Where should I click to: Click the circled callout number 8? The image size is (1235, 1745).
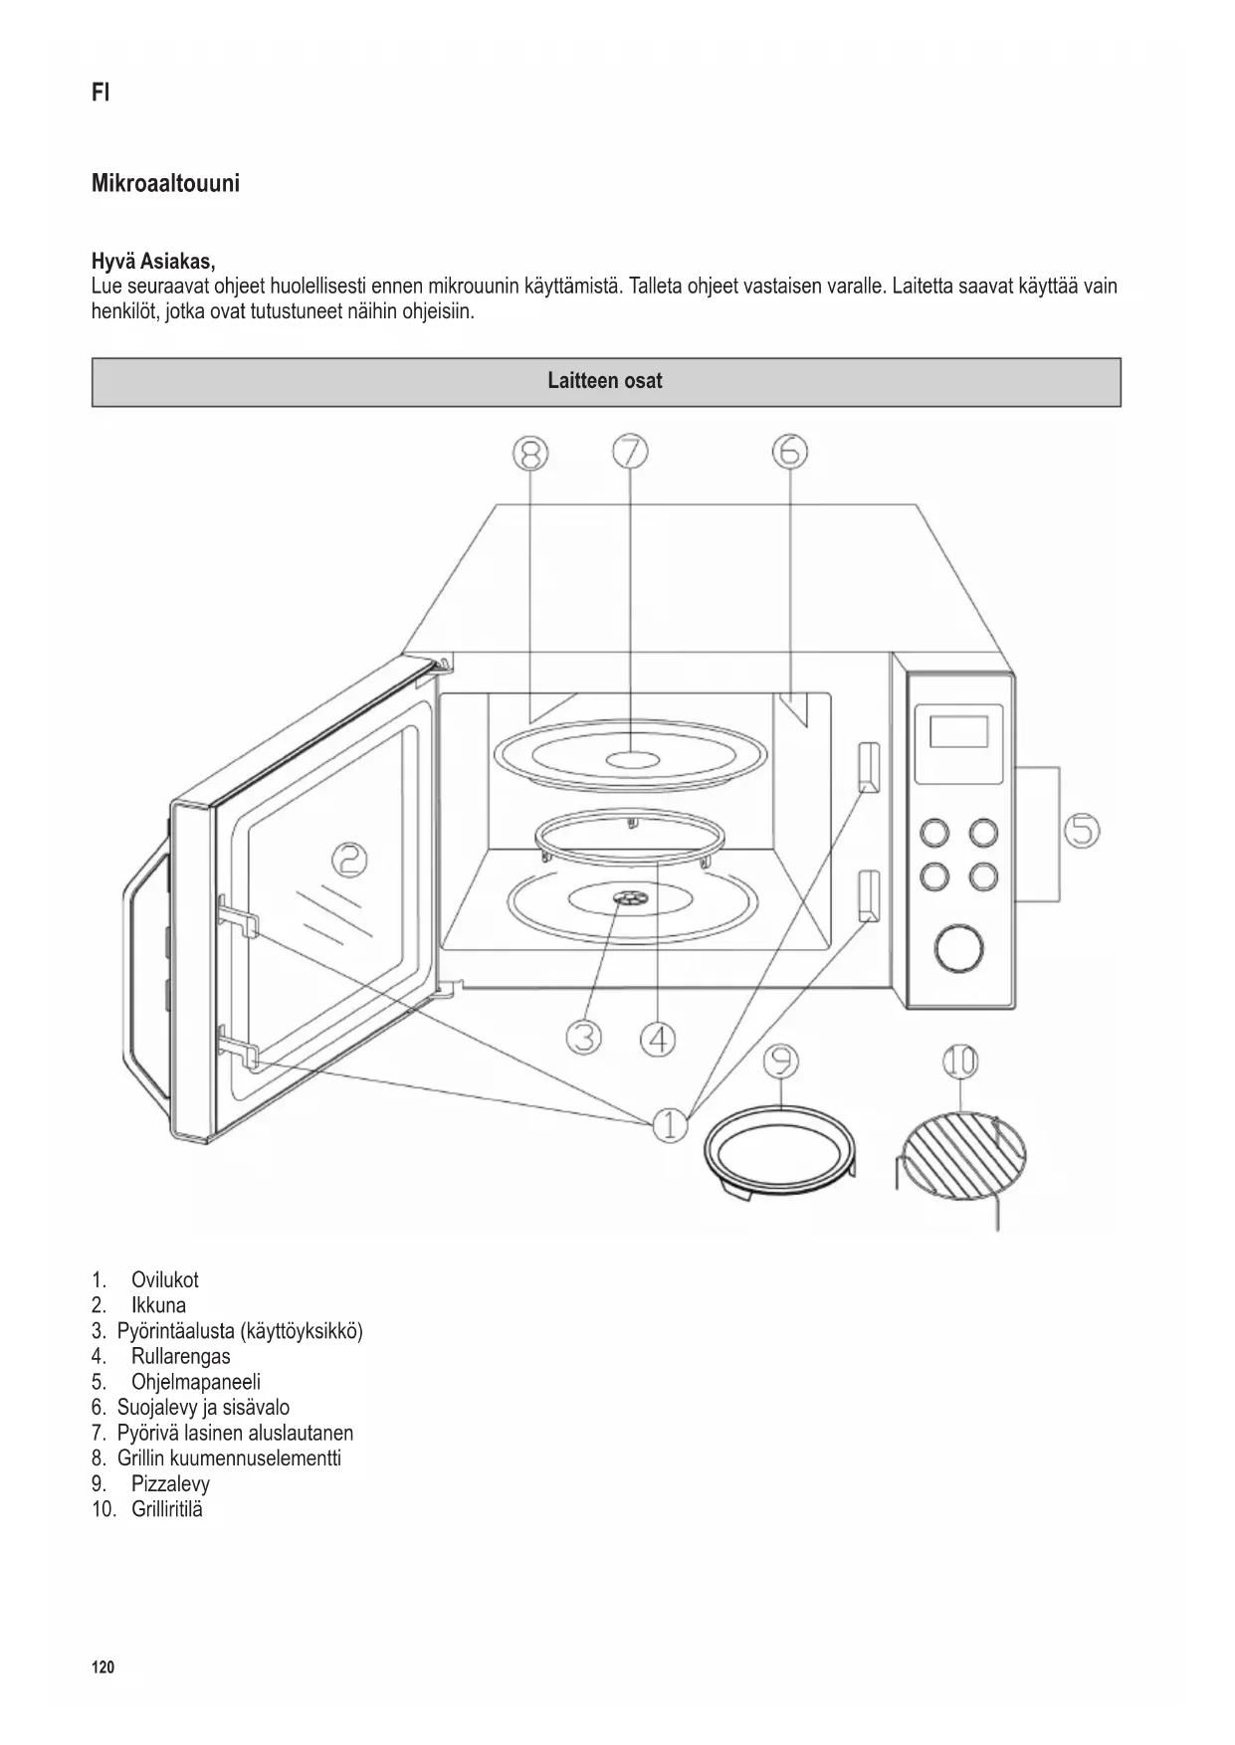pyautogui.click(x=530, y=454)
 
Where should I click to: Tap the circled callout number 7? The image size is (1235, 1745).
pyautogui.click(x=630, y=453)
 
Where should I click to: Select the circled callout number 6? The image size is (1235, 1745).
pyautogui.click(x=789, y=453)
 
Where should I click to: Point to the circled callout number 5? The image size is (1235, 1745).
pyautogui.click(x=1082, y=831)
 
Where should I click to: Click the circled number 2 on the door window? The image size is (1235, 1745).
pyautogui.click(x=348, y=860)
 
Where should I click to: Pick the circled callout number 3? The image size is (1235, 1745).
pyautogui.click(x=584, y=1038)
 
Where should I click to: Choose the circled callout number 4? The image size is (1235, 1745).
pyautogui.click(x=657, y=1040)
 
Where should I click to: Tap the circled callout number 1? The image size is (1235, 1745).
pyautogui.click(x=670, y=1125)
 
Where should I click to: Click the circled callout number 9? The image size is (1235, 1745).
pyautogui.click(x=781, y=1063)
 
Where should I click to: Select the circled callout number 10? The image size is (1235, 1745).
pyautogui.click(x=960, y=1062)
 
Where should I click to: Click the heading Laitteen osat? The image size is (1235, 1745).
pyautogui.click(x=605, y=381)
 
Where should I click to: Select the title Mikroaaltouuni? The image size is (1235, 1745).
pyautogui.click(x=165, y=184)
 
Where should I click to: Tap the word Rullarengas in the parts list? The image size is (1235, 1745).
pyautogui.click(x=180, y=1356)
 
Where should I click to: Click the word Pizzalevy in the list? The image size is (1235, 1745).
pyautogui.click(x=170, y=1483)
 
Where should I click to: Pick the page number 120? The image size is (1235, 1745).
pyautogui.click(x=103, y=1668)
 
